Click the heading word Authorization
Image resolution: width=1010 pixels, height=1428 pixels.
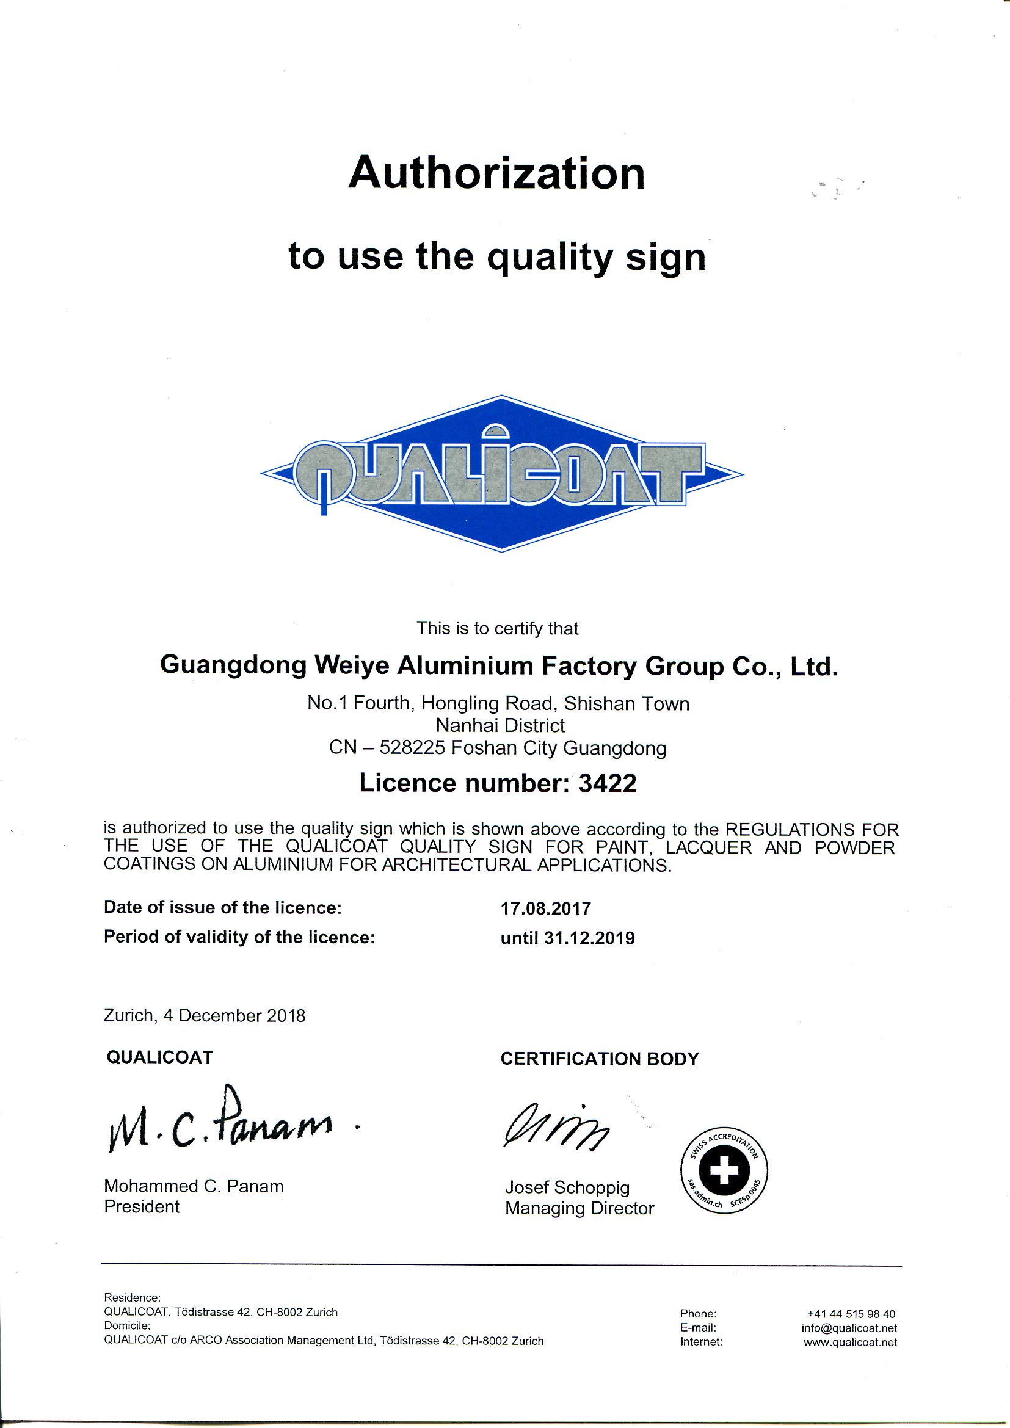pyautogui.click(x=496, y=173)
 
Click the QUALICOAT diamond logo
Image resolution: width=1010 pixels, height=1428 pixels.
pyautogui.click(x=501, y=474)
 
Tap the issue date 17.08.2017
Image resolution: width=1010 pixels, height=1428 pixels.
pyautogui.click(x=545, y=908)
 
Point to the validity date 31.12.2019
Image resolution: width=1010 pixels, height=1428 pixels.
pyautogui.click(x=589, y=938)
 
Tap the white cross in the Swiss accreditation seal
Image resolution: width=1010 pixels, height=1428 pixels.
pyautogui.click(x=724, y=1170)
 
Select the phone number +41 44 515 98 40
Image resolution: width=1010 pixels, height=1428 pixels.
pyautogui.click(x=851, y=1314)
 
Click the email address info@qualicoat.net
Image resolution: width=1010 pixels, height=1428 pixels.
pyautogui.click(x=849, y=1328)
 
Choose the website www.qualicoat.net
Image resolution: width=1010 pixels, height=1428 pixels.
pyautogui.click(x=849, y=1342)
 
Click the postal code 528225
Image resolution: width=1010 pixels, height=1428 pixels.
pyautogui.click(x=412, y=748)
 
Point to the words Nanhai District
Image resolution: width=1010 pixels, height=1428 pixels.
pyautogui.click(x=500, y=725)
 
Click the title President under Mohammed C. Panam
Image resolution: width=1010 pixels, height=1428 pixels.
pyautogui.click(x=142, y=1206)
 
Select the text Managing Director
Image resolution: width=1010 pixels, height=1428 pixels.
pyautogui.click(x=579, y=1208)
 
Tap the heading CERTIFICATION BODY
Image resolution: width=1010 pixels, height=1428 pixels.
pyautogui.click(x=600, y=1059)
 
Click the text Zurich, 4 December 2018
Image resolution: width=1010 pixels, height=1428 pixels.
pyautogui.click(x=205, y=1016)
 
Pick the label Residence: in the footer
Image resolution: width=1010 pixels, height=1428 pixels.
pyautogui.click(x=132, y=1298)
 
